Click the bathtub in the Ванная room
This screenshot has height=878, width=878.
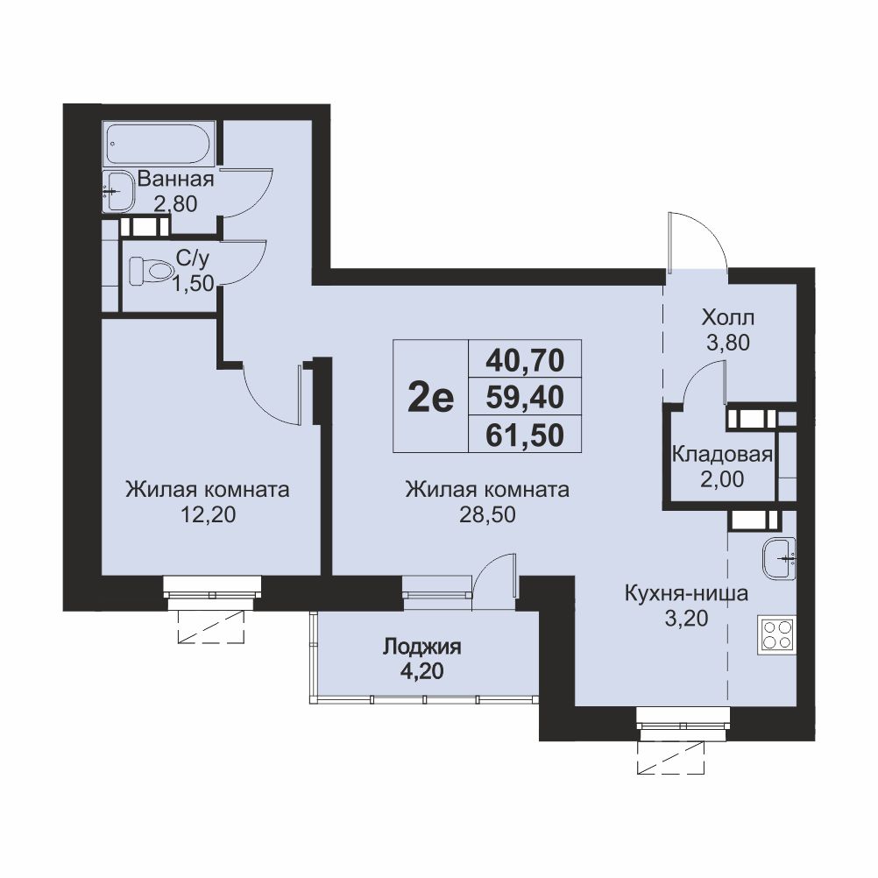click(159, 144)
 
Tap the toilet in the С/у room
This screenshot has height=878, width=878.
click(151, 270)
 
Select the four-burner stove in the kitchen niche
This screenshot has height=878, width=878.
click(776, 634)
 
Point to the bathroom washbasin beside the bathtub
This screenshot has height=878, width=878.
click(118, 192)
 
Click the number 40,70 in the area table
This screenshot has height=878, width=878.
click(525, 360)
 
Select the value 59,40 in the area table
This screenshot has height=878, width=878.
click(525, 397)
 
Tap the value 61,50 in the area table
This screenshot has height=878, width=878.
click(525, 435)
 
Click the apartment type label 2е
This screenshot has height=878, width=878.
click(430, 398)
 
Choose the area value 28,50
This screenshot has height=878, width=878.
click(487, 514)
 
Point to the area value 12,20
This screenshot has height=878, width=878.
click(208, 514)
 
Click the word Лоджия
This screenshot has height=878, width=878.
click(422, 647)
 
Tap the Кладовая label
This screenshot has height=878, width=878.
click(722, 455)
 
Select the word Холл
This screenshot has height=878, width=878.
click(728, 318)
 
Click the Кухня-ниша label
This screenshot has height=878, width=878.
click(686, 592)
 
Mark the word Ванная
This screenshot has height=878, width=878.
click(176, 179)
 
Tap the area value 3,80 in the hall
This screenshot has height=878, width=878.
click(728, 342)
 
